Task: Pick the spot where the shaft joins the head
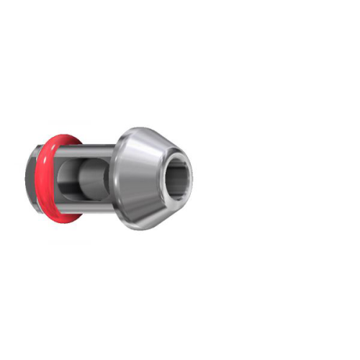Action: click(x=115, y=179)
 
